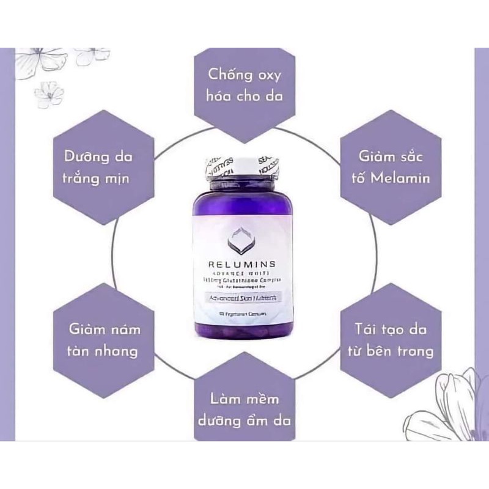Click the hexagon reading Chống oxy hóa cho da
[x=244, y=86]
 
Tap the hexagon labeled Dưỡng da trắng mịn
[x=99, y=166]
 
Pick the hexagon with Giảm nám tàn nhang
[x=99, y=340]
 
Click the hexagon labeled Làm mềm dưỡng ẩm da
[x=244, y=408]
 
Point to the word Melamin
[x=403, y=178]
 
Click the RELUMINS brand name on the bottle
[x=245, y=264]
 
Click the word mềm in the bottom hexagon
[x=260, y=399]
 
